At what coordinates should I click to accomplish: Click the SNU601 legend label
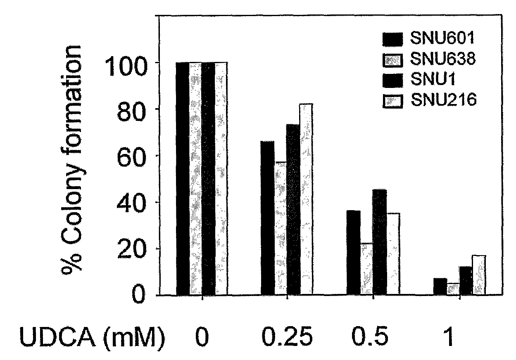442,38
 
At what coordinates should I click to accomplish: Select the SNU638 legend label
443,59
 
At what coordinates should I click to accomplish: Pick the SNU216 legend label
443,99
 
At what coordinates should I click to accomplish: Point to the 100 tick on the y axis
126,67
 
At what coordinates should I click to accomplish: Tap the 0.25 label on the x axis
287,337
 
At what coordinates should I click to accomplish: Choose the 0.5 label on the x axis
370,337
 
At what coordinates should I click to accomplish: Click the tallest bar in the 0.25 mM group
306,199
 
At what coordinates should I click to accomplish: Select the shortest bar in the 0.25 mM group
281,228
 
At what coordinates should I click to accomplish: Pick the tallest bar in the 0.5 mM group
380,242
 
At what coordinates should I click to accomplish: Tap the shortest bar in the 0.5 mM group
367,269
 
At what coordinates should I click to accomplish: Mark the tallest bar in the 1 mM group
479,275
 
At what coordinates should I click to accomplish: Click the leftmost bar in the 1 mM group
440,287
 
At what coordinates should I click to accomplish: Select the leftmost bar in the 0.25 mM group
268,218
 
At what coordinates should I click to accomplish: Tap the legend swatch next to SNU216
393,101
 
